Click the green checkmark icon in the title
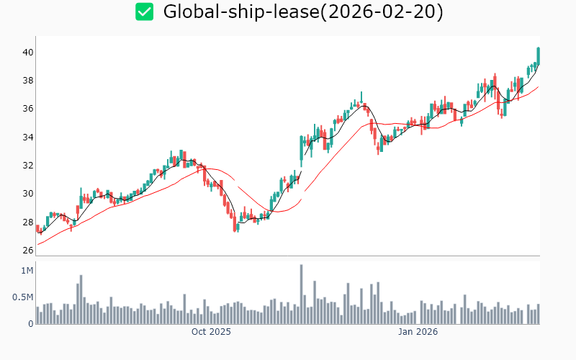(145, 12)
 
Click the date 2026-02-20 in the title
(382, 12)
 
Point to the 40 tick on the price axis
(27, 53)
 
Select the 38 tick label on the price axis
(27, 81)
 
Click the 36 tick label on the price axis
(27, 109)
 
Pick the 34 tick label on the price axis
(27, 137)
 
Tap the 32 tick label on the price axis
(27, 165)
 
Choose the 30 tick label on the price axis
(27, 194)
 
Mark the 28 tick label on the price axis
(27, 222)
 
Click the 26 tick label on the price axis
(27, 251)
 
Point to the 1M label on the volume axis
(27, 271)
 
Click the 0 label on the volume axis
(31, 324)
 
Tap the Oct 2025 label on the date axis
(211, 332)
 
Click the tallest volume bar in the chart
(301, 294)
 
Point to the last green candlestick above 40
(538, 55)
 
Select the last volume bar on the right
(538, 314)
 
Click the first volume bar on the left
(37, 315)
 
